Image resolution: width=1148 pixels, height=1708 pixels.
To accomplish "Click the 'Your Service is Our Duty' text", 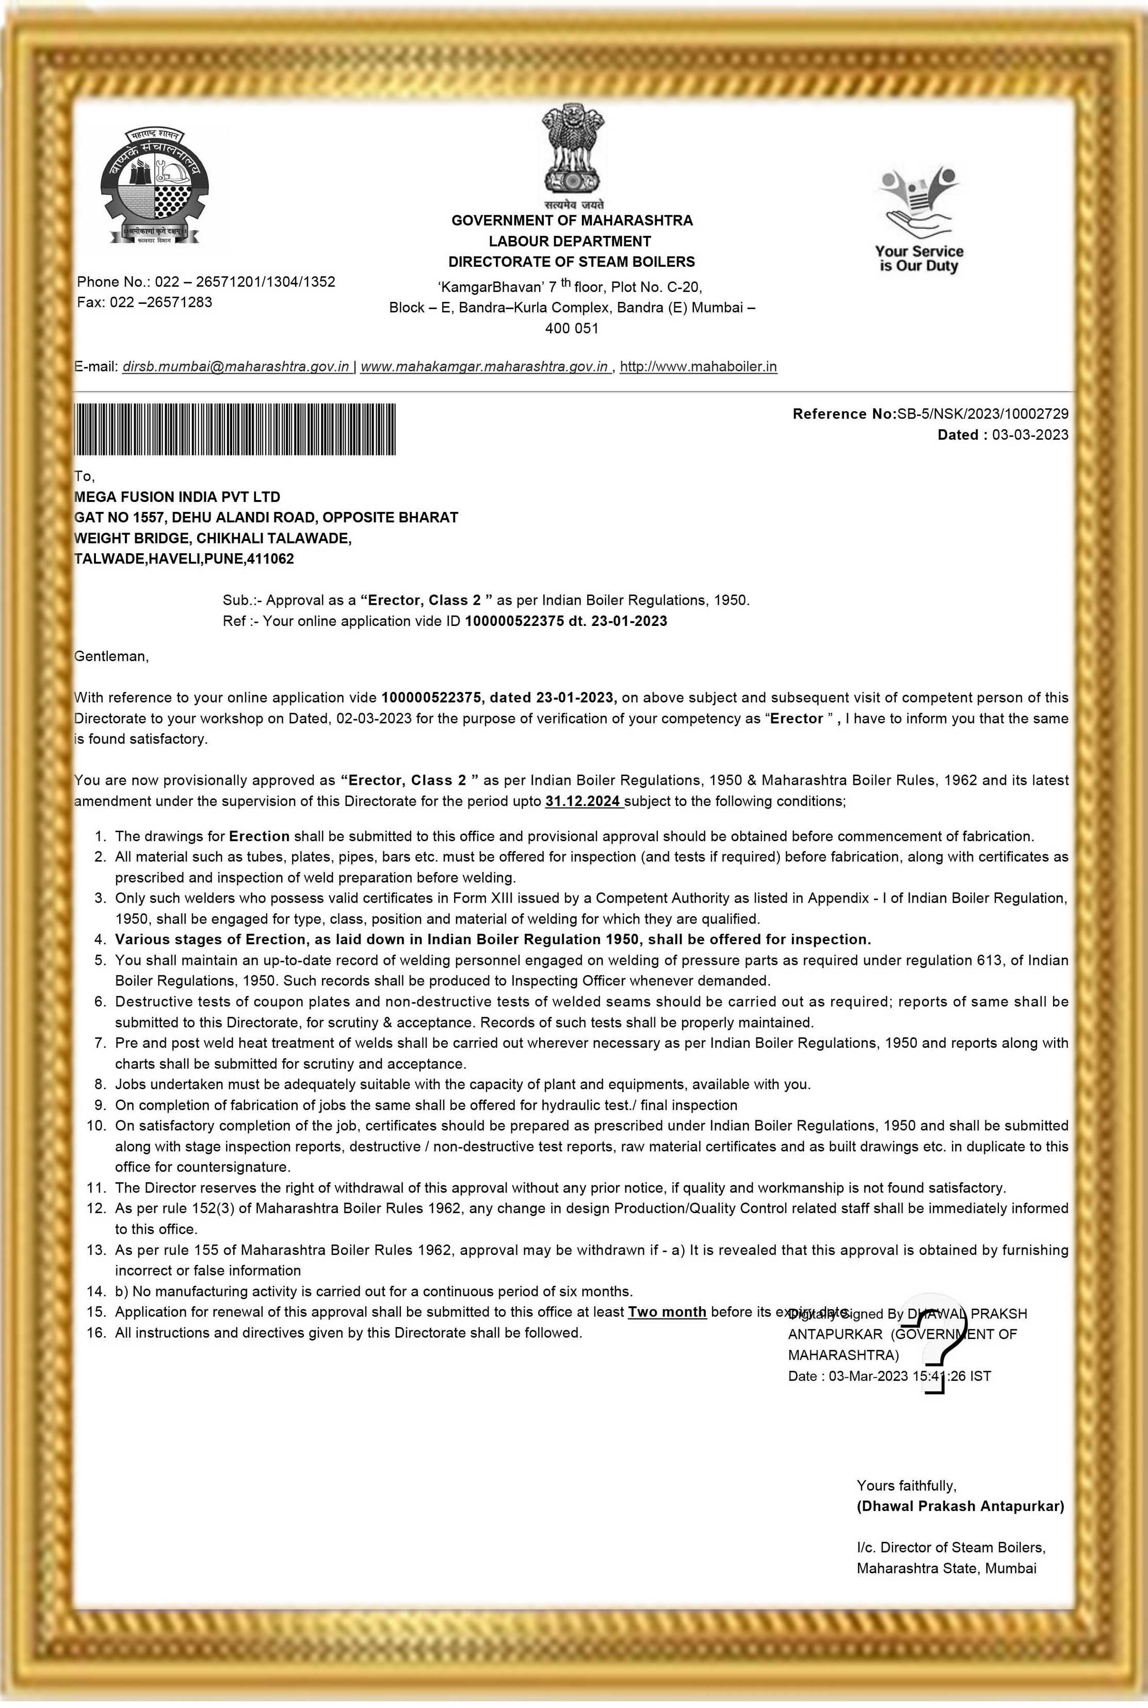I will (x=919, y=259).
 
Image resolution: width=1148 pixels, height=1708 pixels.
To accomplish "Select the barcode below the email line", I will (x=235, y=430).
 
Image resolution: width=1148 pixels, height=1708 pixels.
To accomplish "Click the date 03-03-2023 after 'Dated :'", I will (x=1030, y=435).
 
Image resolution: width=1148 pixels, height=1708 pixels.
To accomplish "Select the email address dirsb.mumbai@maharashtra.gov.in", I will (x=236, y=367).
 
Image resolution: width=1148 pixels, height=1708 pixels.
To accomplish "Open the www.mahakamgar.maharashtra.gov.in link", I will (x=484, y=367).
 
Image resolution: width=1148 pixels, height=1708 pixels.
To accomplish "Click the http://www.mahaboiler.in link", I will (x=698, y=367).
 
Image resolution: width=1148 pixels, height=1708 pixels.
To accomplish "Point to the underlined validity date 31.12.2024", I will (x=583, y=801).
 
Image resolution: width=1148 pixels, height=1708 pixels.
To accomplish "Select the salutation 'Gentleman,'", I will (x=111, y=656).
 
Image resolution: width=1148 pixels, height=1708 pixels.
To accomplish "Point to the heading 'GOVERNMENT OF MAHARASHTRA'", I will (x=572, y=220).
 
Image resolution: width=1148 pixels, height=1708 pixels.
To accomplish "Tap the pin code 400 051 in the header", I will (x=572, y=328).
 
